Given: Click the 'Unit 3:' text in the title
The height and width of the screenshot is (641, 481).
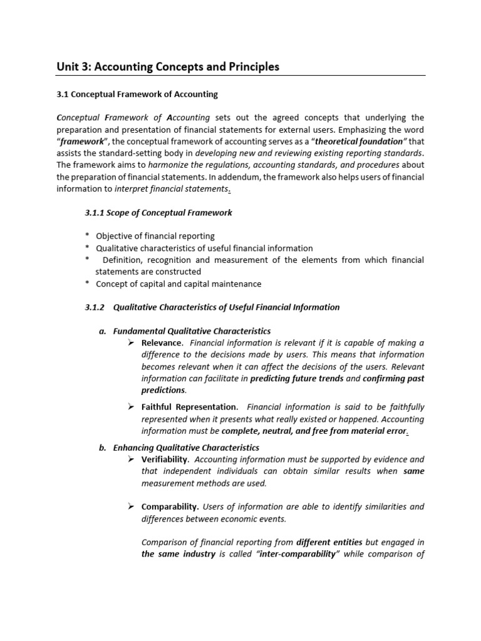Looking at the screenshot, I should [x=75, y=66].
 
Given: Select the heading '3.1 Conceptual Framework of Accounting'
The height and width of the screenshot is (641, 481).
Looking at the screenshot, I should [x=137, y=95].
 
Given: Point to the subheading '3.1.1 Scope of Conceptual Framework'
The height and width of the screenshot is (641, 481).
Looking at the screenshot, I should [x=158, y=213].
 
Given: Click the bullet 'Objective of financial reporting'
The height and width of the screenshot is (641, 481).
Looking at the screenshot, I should [x=155, y=236].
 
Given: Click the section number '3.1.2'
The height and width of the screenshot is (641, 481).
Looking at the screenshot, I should [x=96, y=307].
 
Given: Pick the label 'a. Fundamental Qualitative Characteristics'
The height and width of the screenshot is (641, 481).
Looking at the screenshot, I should [x=185, y=331].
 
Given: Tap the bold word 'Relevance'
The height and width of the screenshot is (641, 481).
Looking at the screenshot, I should [x=162, y=343].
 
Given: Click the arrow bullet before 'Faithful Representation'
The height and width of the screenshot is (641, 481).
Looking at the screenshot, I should [x=132, y=407].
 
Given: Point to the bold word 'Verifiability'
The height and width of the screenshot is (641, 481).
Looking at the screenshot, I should [x=165, y=459].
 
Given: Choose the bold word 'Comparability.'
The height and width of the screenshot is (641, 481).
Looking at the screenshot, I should [x=170, y=506].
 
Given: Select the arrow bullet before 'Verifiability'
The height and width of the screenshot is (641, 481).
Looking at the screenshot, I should [x=132, y=459].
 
